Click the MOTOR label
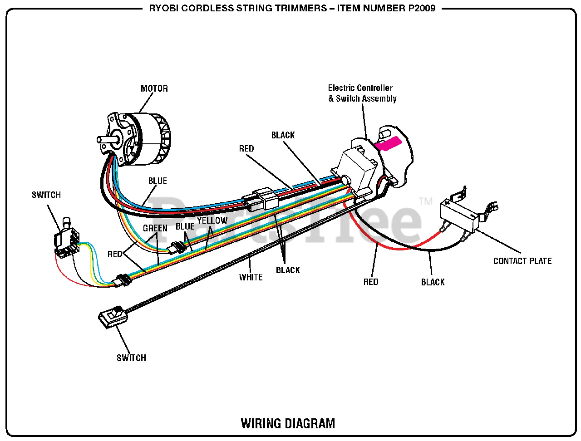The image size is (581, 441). point(154,88)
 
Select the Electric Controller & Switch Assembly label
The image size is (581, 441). point(362,93)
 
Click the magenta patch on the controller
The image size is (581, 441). point(389,144)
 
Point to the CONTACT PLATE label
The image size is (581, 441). point(522,261)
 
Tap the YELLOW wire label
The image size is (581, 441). point(212,220)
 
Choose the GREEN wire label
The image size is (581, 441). point(155,228)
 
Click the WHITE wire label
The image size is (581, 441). point(251,277)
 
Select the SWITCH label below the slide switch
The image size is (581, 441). point(131,358)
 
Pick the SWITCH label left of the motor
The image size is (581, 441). point(46,195)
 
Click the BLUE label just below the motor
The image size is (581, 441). point(158,181)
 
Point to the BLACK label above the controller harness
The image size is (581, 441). point(283,135)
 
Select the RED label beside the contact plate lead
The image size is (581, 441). point(370,282)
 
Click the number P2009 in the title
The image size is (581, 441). point(422,8)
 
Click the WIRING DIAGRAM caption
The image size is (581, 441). point(288,423)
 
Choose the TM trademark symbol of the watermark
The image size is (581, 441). point(425,201)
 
